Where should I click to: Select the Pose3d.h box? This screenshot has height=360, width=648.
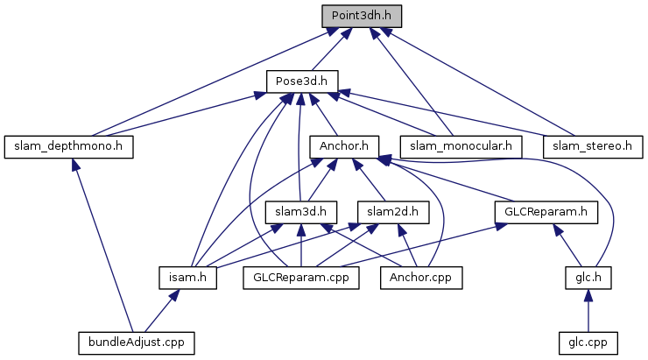coord(302,81)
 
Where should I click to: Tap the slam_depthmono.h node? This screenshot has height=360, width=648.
coord(68,146)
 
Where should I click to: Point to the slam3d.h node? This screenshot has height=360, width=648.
coord(301,211)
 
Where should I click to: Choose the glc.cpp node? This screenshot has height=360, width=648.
coord(587,341)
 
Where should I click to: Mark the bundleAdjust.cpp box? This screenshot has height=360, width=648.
coord(136,341)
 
